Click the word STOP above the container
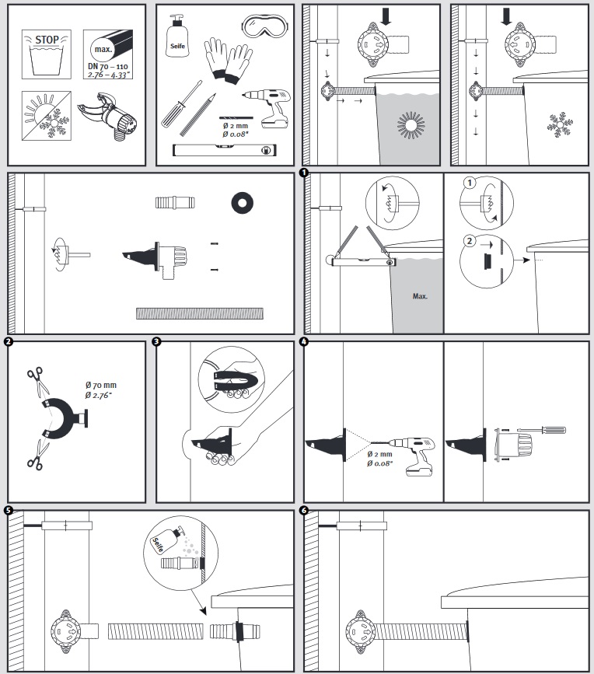click(47, 39)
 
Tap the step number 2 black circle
click(8, 341)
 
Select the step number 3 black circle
click(158, 341)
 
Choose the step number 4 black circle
click(304, 341)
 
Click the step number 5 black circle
click(8, 511)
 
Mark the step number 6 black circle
click(304, 511)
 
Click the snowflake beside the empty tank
click(557, 124)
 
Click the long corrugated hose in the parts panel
click(200, 313)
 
